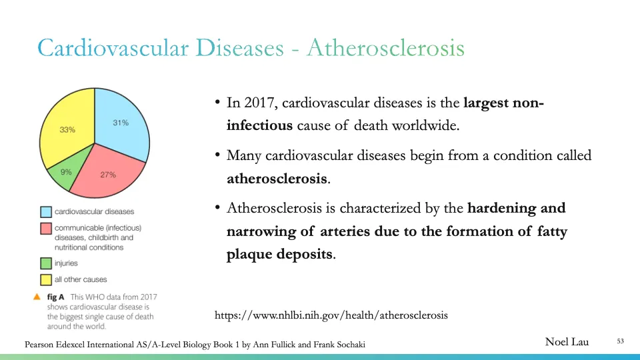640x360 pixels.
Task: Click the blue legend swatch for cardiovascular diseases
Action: (46, 212)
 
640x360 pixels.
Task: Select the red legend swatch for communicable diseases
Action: (46, 229)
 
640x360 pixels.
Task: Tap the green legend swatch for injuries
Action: (46, 263)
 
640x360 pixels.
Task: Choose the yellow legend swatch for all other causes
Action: (46, 279)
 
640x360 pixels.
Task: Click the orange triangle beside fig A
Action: (37, 297)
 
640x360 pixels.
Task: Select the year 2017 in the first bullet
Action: (259, 103)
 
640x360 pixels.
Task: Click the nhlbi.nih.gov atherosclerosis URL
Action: (331, 315)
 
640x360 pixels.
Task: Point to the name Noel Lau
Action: (567, 342)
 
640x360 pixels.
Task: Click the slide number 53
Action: (620, 342)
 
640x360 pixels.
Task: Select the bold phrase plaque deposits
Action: (279, 255)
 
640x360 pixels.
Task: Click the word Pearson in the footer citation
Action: (41, 344)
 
